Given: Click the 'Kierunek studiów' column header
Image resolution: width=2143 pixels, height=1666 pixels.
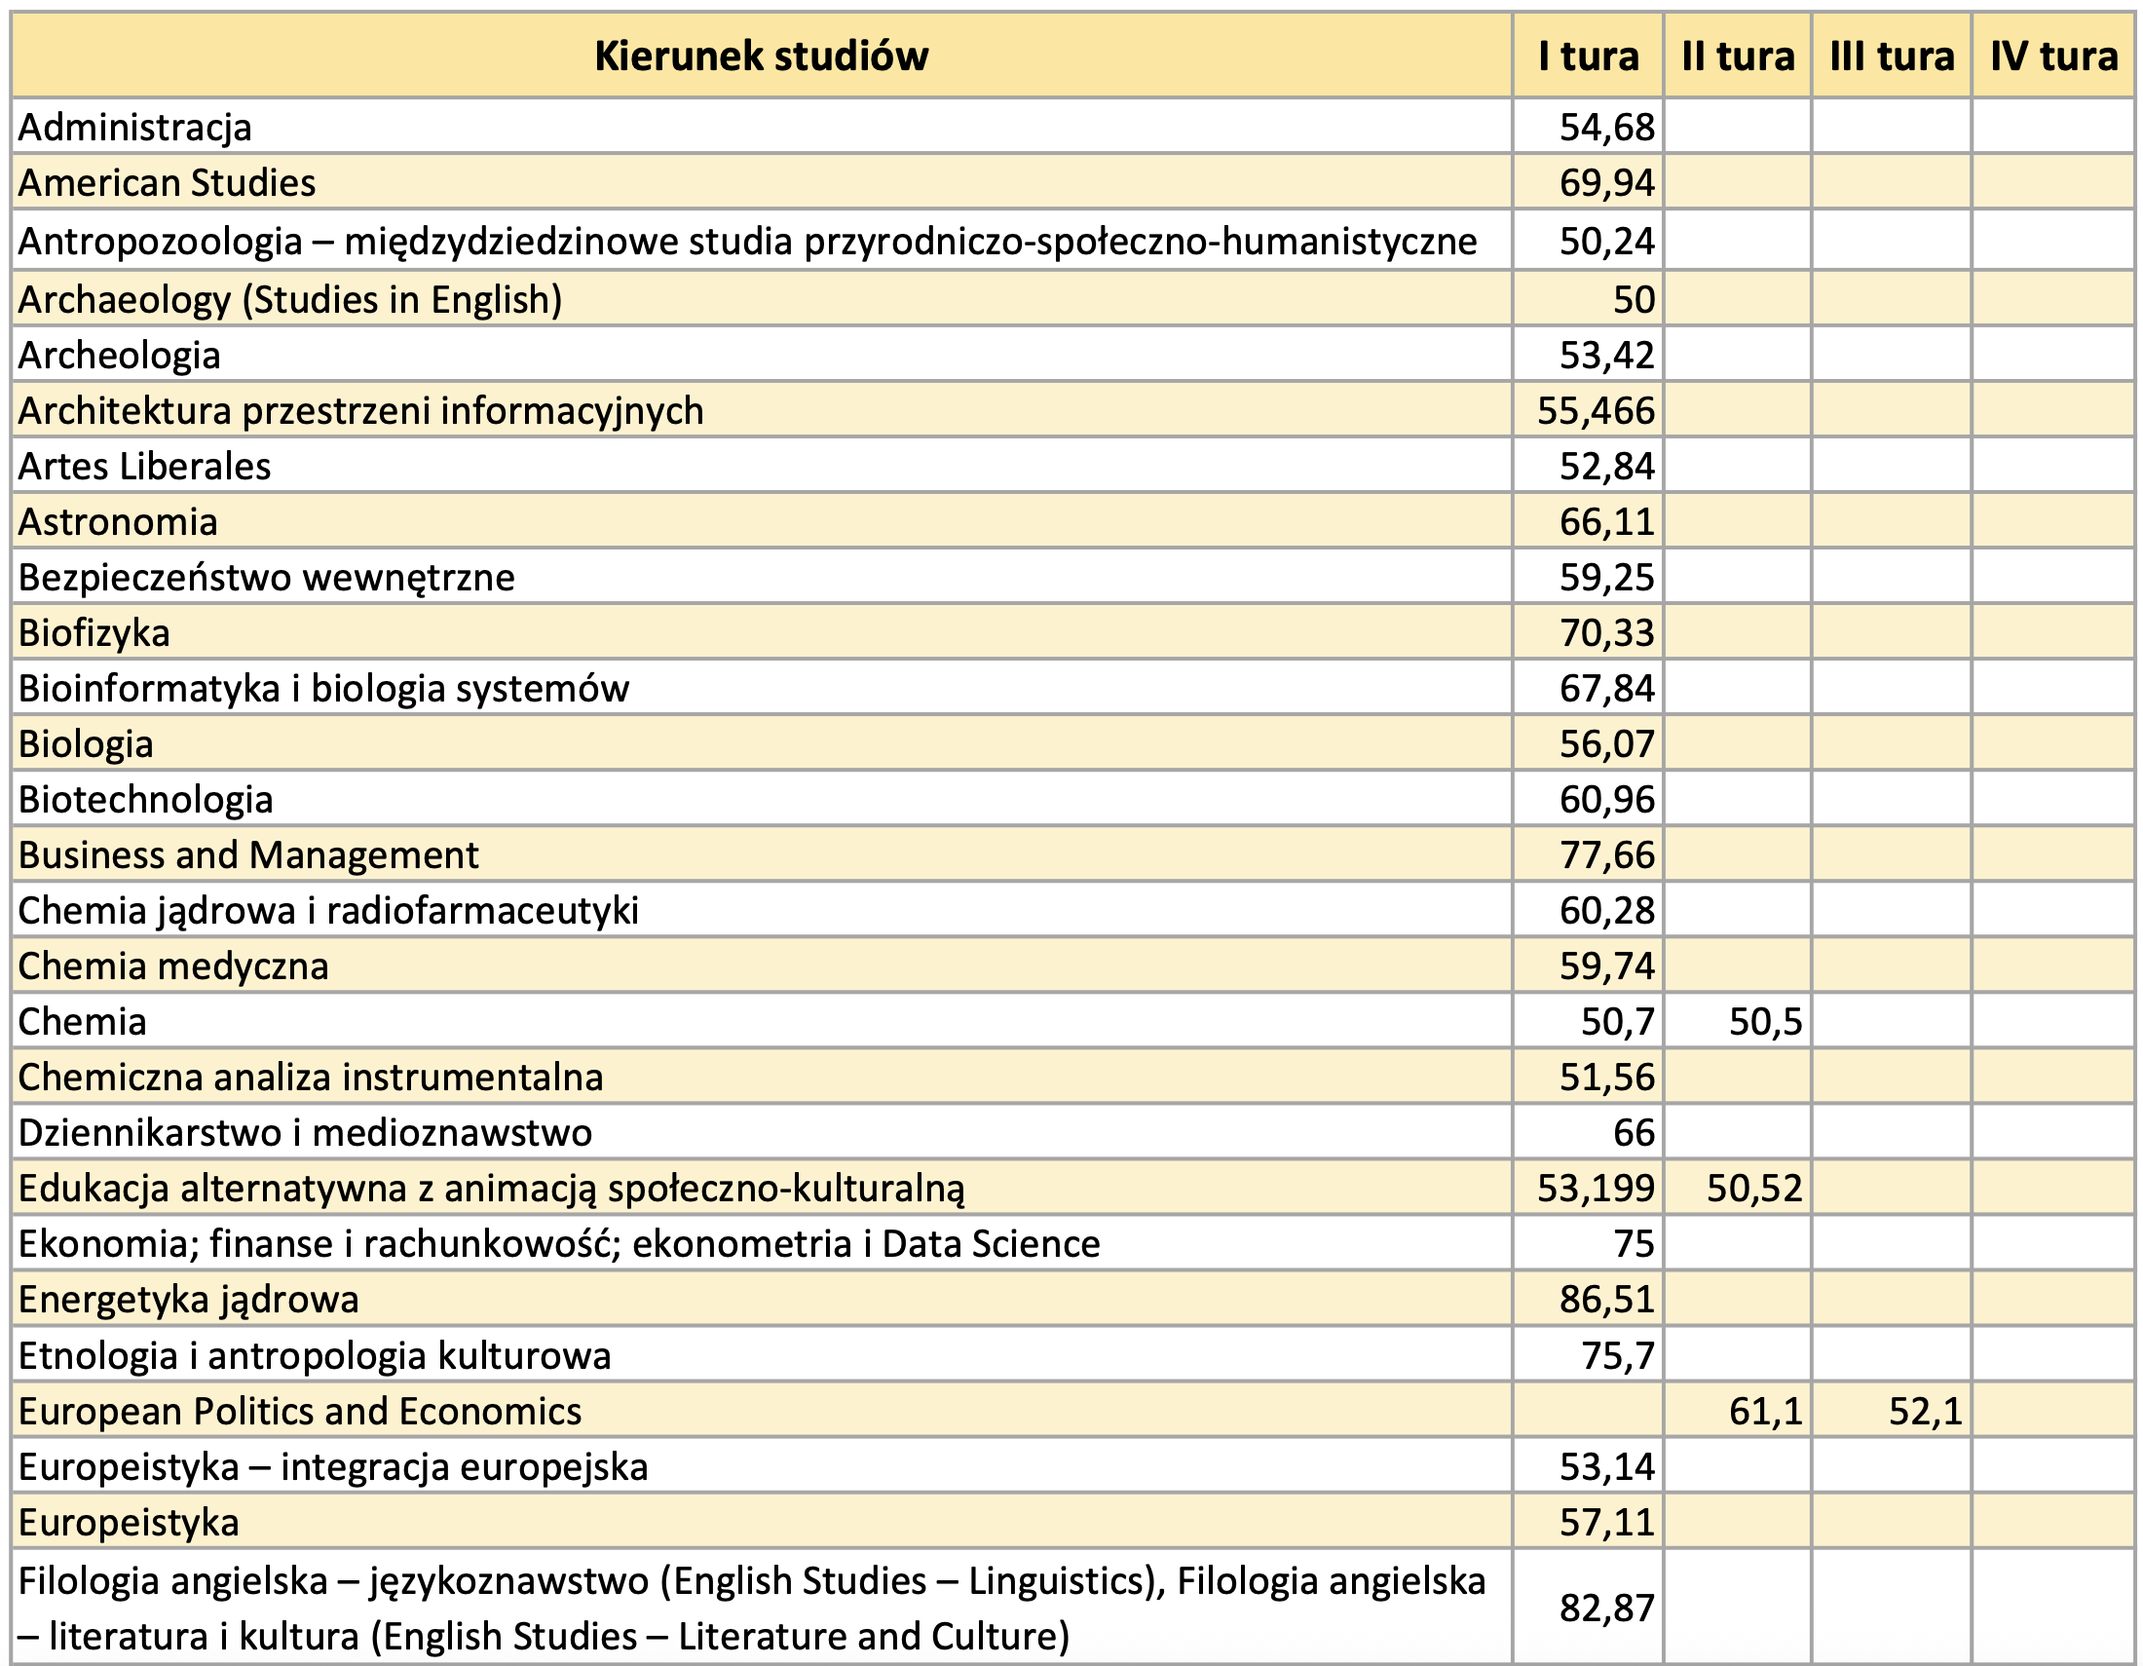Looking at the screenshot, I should pyautogui.click(x=761, y=56).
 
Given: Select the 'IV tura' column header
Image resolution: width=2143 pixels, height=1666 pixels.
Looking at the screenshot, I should pyautogui.click(x=2052, y=56).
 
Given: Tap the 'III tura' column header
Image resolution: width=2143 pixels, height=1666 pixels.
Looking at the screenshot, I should pyautogui.click(x=1891, y=56).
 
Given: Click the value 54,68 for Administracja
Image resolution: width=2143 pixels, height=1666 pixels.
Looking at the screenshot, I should pyautogui.click(x=1606, y=128).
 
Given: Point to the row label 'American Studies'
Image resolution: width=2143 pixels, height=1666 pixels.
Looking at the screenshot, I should pyautogui.click(x=167, y=183).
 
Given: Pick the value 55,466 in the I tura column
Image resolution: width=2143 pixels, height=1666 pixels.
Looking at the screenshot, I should pyautogui.click(x=1596, y=410).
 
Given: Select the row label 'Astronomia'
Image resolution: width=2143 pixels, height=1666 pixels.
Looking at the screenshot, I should pyautogui.click(x=118, y=522).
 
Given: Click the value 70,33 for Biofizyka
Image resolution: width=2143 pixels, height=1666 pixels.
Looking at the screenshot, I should pyautogui.click(x=1606, y=633).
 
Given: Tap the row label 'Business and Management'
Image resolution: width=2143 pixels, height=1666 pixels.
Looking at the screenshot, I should pyautogui.click(x=248, y=855).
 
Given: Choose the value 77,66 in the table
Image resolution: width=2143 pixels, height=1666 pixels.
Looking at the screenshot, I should pyautogui.click(x=1606, y=855).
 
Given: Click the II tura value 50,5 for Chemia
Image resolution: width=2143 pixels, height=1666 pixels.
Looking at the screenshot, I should pyautogui.click(x=1765, y=1022).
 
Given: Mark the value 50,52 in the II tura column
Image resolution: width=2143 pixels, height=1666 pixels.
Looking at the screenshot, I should pyautogui.click(x=1754, y=1190).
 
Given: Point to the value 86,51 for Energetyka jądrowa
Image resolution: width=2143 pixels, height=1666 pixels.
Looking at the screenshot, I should pyautogui.click(x=1606, y=1300).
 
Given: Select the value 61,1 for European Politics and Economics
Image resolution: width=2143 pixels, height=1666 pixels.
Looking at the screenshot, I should pyautogui.click(x=1765, y=1412).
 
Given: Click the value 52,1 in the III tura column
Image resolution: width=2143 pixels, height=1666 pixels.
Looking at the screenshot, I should pyautogui.click(x=1925, y=1412).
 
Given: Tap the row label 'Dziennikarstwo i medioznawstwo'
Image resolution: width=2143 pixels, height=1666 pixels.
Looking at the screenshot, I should pyautogui.click(x=305, y=1133).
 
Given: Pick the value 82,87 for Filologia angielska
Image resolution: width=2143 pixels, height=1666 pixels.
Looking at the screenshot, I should pyautogui.click(x=1606, y=1609).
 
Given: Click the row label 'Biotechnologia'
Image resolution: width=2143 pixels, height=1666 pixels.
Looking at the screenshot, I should pyautogui.click(x=145, y=800).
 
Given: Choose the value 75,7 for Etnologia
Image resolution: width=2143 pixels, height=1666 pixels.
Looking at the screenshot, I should pyautogui.click(x=1617, y=1356).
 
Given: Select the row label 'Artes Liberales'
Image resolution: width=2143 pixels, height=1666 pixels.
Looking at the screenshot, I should pyautogui.click(x=144, y=466).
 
